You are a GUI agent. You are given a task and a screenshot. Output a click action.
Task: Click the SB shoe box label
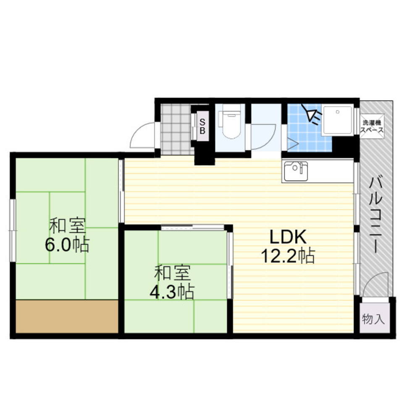point(202,126)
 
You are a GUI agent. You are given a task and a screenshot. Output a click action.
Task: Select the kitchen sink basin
point(296,171)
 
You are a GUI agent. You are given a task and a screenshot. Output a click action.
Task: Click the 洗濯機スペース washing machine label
point(372,127)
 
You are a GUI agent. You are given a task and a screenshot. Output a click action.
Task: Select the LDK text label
point(288,237)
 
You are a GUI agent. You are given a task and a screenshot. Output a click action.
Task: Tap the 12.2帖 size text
point(288,256)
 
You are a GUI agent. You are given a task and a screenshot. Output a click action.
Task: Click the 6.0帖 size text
point(67,244)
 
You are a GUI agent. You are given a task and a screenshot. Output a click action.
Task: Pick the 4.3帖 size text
point(172,292)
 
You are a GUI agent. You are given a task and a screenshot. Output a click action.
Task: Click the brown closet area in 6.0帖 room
point(67,316)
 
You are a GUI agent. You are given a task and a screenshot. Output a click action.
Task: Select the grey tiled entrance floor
point(177,129)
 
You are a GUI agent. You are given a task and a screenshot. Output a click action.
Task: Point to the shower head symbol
point(311,114)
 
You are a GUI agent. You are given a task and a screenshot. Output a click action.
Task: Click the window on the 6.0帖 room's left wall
point(13,230)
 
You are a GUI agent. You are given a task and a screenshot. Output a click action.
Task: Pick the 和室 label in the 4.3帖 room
point(172,273)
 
